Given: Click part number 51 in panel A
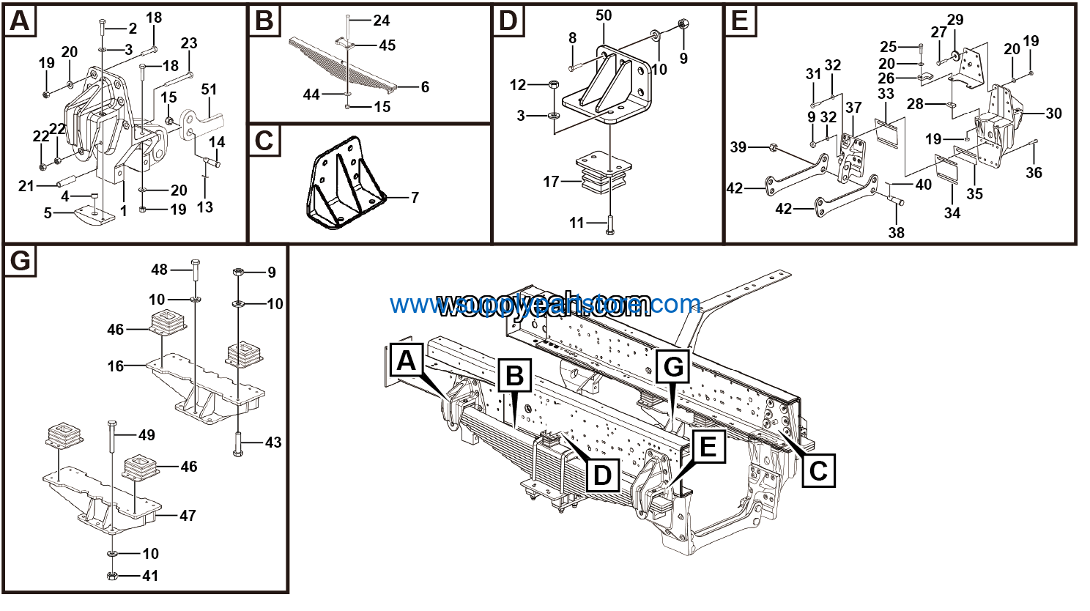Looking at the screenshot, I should tap(209, 90).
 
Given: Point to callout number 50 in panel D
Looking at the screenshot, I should tap(604, 15).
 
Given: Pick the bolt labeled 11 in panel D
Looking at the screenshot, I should tap(609, 224).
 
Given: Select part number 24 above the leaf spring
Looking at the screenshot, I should tap(381, 21).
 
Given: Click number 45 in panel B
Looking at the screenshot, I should tap(387, 45).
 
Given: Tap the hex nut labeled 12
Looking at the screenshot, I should tap(553, 85).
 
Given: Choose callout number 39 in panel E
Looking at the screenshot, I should tap(738, 147).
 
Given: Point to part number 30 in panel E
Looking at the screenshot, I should tap(1053, 114).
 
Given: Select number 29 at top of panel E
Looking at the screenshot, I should tap(955, 20).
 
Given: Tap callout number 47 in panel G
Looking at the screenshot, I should tap(188, 516).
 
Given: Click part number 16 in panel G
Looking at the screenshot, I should tap(116, 366).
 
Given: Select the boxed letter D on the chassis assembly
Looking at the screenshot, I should tap(601, 475).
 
